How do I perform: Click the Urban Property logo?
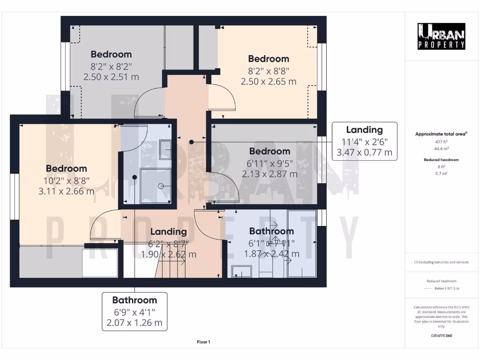click(441, 36)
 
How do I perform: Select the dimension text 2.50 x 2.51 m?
click(111, 77)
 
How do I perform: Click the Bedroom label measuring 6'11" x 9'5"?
click(270, 151)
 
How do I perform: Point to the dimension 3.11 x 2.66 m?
click(66, 191)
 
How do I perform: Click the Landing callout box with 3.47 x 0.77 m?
click(364, 141)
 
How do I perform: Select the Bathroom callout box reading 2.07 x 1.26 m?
click(135, 311)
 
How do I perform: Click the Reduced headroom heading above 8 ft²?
click(441, 160)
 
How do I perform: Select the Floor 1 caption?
click(203, 342)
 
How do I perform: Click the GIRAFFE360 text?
click(441, 336)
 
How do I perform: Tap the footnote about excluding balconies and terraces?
click(441, 262)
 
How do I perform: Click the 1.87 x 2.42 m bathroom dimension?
click(271, 254)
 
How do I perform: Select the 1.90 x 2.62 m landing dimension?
click(169, 255)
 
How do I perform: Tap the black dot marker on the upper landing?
click(191, 142)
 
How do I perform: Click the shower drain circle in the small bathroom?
click(160, 186)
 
